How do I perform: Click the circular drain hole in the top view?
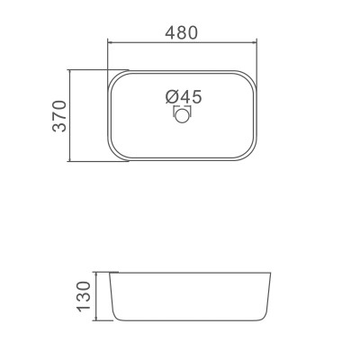click(183, 115)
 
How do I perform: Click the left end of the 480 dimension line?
click(108, 41)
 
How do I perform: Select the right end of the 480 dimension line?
click(260, 41)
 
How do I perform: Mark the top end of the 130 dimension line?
click(97, 271)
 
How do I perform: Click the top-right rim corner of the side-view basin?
click(270, 272)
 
